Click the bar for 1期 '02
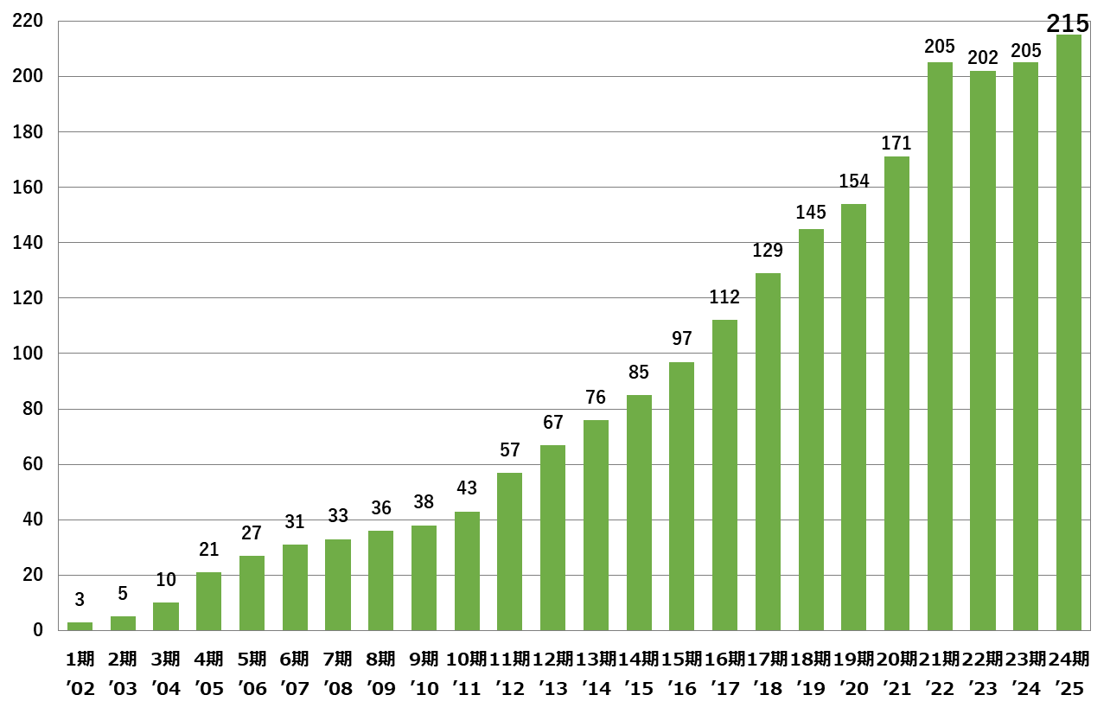(x=80, y=626)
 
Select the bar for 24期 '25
(x=1069, y=333)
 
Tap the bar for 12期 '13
(x=552, y=538)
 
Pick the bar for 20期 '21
(x=896, y=393)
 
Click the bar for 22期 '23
(x=983, y=350)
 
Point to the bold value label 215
(x=1068, y=23)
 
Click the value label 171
(x=896, y=143)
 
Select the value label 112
(x=724, y=297)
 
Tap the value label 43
(x=467, y=488)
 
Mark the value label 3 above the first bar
(x=80, y=600)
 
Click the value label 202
(x=983, y=58)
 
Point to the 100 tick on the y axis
(x=30, y=354)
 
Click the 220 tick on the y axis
(x=30, y=21)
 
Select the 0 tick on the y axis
(x=38, y=631)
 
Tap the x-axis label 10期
(x=467, y=660)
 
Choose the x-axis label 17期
(x=768, y=660)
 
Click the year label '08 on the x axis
(x=338, y=689)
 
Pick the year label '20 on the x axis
(x=853, y=689)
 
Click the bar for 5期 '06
(x=252, y=593)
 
